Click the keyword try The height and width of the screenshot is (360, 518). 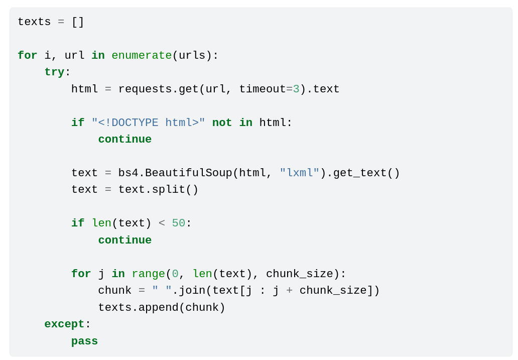pyautogui.click(x=54, y=72)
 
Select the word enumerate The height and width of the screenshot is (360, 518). pyautogui.click(x=142, y=56)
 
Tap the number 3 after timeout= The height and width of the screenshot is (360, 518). pyautogui.click(x=296, y=89)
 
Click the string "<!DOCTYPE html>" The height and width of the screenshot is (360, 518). pyautogui.click(x=148, y=123)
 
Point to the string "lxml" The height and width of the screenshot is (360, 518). pyautogui.click(x=300, y=173)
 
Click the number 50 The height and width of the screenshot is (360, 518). pyautogui.click(x=179, y=223)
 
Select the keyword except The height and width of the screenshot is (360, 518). pyautogui.click(x=64, y=324)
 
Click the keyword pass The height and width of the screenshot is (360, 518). pyautogui.click(x=84, y=341)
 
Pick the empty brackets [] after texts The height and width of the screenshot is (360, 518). pyautogui.click(x=78, y=22)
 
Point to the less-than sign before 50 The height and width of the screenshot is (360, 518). pyautogui.click(x=162, y=223)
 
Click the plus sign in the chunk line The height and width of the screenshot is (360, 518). pyautogui.click(x=290, y=291)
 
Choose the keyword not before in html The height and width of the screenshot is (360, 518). pyautogui.click(x=222, y=123)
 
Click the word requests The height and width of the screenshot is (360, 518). pyautogui.click(x=145, y=89)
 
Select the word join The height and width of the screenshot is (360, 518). pyautogui.click(x=192, y=291)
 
